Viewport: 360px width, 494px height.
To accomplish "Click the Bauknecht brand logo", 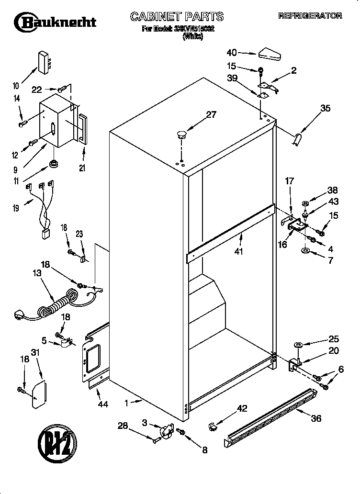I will [x=55, y=22].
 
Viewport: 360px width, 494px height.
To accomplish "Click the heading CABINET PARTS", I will [x=177, y=17].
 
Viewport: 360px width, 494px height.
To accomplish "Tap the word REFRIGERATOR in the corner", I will [x=310, y=16].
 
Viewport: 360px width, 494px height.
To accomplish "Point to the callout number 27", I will [x=211, y=114].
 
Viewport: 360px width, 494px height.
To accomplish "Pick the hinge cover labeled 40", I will [x=270, y=54].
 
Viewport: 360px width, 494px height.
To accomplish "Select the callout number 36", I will [x=315, y=418].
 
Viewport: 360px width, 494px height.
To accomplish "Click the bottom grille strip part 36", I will [x=270, y=416].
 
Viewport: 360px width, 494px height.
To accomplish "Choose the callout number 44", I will [x=102, y=404].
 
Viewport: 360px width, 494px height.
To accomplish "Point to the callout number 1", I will [x=126, y=404].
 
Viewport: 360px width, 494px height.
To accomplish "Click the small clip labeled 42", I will [x=213, y=425].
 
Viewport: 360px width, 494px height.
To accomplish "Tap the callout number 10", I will [x=16, y=86].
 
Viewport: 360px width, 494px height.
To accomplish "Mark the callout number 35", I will [x=325, y=109].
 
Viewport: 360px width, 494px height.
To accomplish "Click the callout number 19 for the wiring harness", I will [x=16, y=208].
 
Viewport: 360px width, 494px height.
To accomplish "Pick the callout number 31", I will [x=34, y=353].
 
